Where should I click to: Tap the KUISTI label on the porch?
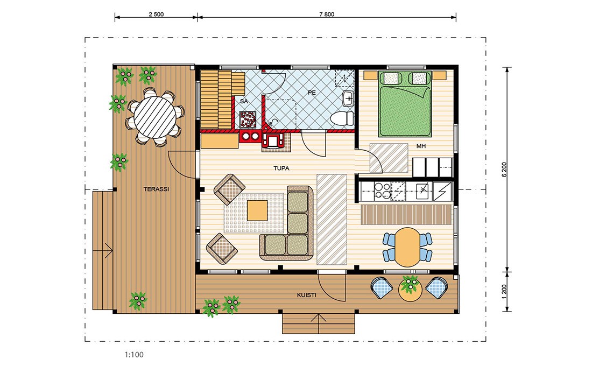coord(306,295)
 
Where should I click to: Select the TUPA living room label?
coord(281,168)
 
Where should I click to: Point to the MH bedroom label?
coord(421,146)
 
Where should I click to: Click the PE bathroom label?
coord(312,93)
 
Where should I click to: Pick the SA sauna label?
coord(244,101)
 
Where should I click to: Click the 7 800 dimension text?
coord(327,15)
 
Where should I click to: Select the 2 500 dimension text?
coord(156,15)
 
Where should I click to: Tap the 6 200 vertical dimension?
coord(504,170)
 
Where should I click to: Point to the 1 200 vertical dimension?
coord(504,292)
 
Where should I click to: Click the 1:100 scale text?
coord(134,355)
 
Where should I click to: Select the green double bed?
coord(405,104)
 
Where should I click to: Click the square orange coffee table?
coord(257,210)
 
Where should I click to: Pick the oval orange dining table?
coord(407,247)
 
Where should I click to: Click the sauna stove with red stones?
coord(249,119)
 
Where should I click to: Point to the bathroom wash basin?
coord(348,99)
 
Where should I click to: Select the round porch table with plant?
coord(409,290)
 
